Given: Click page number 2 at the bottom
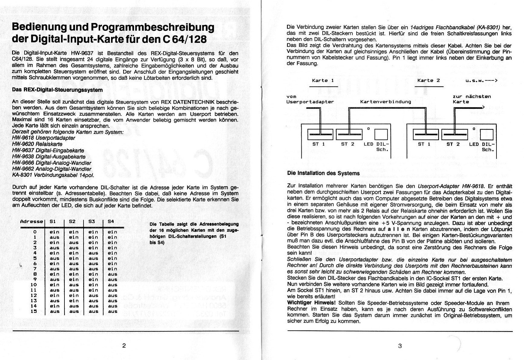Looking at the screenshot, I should (124, 345).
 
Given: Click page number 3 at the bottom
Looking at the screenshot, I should (400, 346).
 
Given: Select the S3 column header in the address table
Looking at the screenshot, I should (92, 222).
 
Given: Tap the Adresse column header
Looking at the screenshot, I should (31, 222).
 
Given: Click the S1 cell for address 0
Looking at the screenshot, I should (54, 232).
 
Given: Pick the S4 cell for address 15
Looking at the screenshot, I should (112, 311).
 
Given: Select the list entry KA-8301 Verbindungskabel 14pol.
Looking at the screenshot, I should (53, 175).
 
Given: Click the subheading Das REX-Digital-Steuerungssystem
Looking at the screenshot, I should (57, 90).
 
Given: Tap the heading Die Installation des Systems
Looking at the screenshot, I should (323, 174).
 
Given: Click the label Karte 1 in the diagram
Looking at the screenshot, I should (323, 81).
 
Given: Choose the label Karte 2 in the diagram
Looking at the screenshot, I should (428, 81).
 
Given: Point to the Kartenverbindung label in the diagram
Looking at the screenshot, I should (385, 102).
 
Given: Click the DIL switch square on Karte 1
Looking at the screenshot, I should (381, 135).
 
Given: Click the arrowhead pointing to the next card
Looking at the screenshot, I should (483, 107).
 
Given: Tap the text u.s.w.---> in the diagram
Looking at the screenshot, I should (481, 81).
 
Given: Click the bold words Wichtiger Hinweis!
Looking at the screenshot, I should (312, 303).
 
